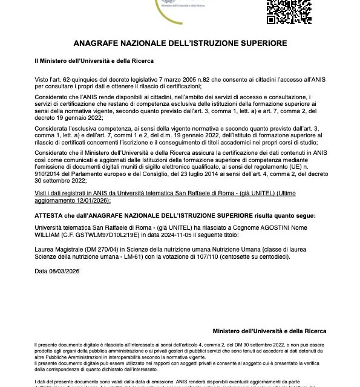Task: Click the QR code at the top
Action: click(x=284, y=11)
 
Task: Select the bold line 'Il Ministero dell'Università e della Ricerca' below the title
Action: click(x=94, y=61)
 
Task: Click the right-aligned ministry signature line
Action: click(x=270, y=331)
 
